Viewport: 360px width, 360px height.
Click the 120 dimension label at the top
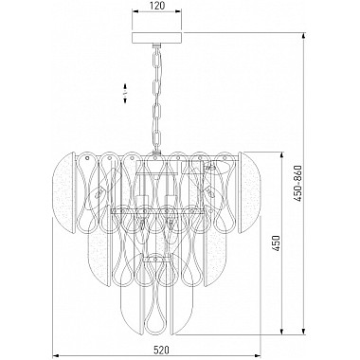pyautogui.click(x=157, y=6)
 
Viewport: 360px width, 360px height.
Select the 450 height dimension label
pyautogui.click(x=277, y=243)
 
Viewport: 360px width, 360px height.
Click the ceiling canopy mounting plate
pyautogui.click(x=157, y=37)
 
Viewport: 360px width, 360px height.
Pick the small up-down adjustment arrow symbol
pyautogui.click(x=125, y=93)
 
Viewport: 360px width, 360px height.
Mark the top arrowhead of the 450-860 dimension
pyautogui.click(x=304, y=36)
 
